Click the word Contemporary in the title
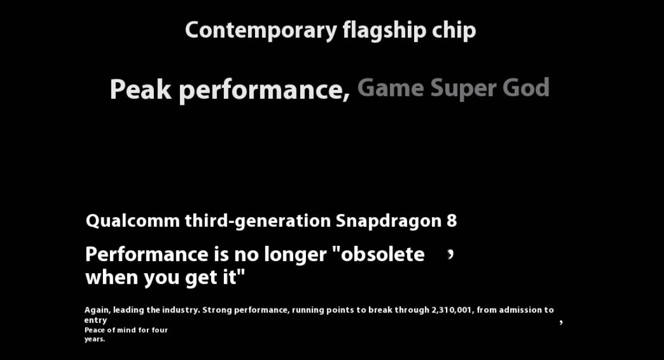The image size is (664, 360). click(x=261, y=31)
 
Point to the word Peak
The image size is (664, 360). click(x=141, y=89)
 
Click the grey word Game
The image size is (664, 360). click(x=390, y=87)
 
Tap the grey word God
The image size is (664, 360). click(x=526, y=87)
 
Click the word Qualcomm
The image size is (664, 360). click(x=132, y=221)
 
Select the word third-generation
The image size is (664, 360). click(x=257, y=221)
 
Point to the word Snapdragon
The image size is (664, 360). click(x=388, y=221)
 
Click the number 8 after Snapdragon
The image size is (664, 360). click(x=451, y=221)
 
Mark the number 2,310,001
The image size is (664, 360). click(x=451, y=310)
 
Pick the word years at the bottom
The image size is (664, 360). click(x=94, y=339)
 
